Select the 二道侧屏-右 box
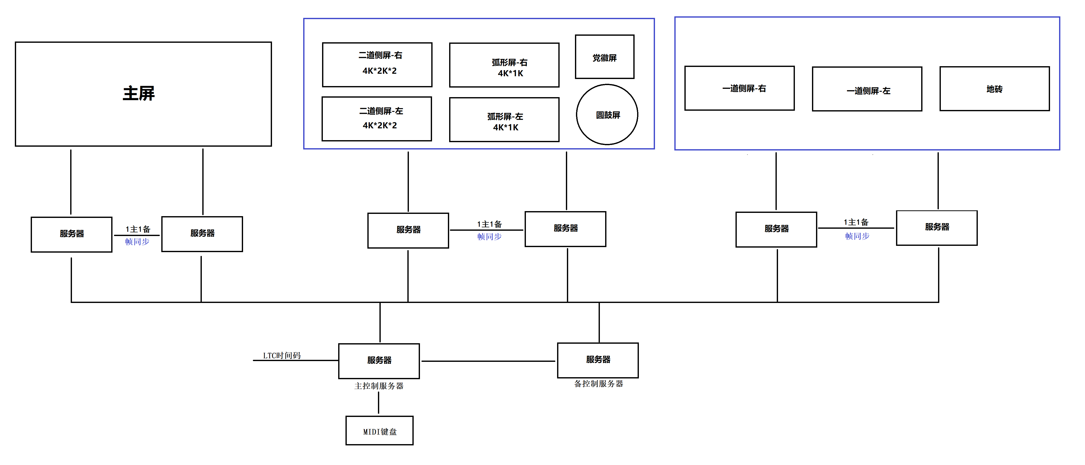pos(377,64)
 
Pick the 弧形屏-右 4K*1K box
pos(504,65)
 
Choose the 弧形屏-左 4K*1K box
pos(504,120)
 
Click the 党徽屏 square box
pos(604,57)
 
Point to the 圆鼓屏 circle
pos(607,114)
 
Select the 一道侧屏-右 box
pos(739,88)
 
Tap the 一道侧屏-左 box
pos(867,89)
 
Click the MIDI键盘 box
pos(379,431)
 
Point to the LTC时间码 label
pos(282,356)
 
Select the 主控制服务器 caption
pos(379,386)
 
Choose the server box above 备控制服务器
pos(598,360)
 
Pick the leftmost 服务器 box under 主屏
pos(72,235)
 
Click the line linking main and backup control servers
pos(489,361)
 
